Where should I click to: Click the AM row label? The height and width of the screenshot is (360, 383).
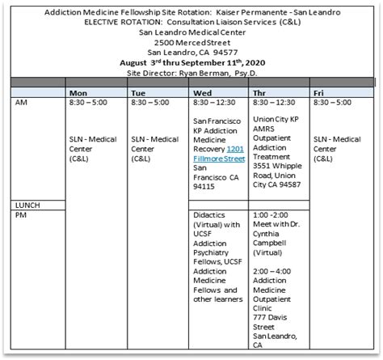click(23, 104)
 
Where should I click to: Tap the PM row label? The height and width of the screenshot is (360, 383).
click(23, 215)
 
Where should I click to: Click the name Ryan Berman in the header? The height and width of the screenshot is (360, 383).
click(200, 72)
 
